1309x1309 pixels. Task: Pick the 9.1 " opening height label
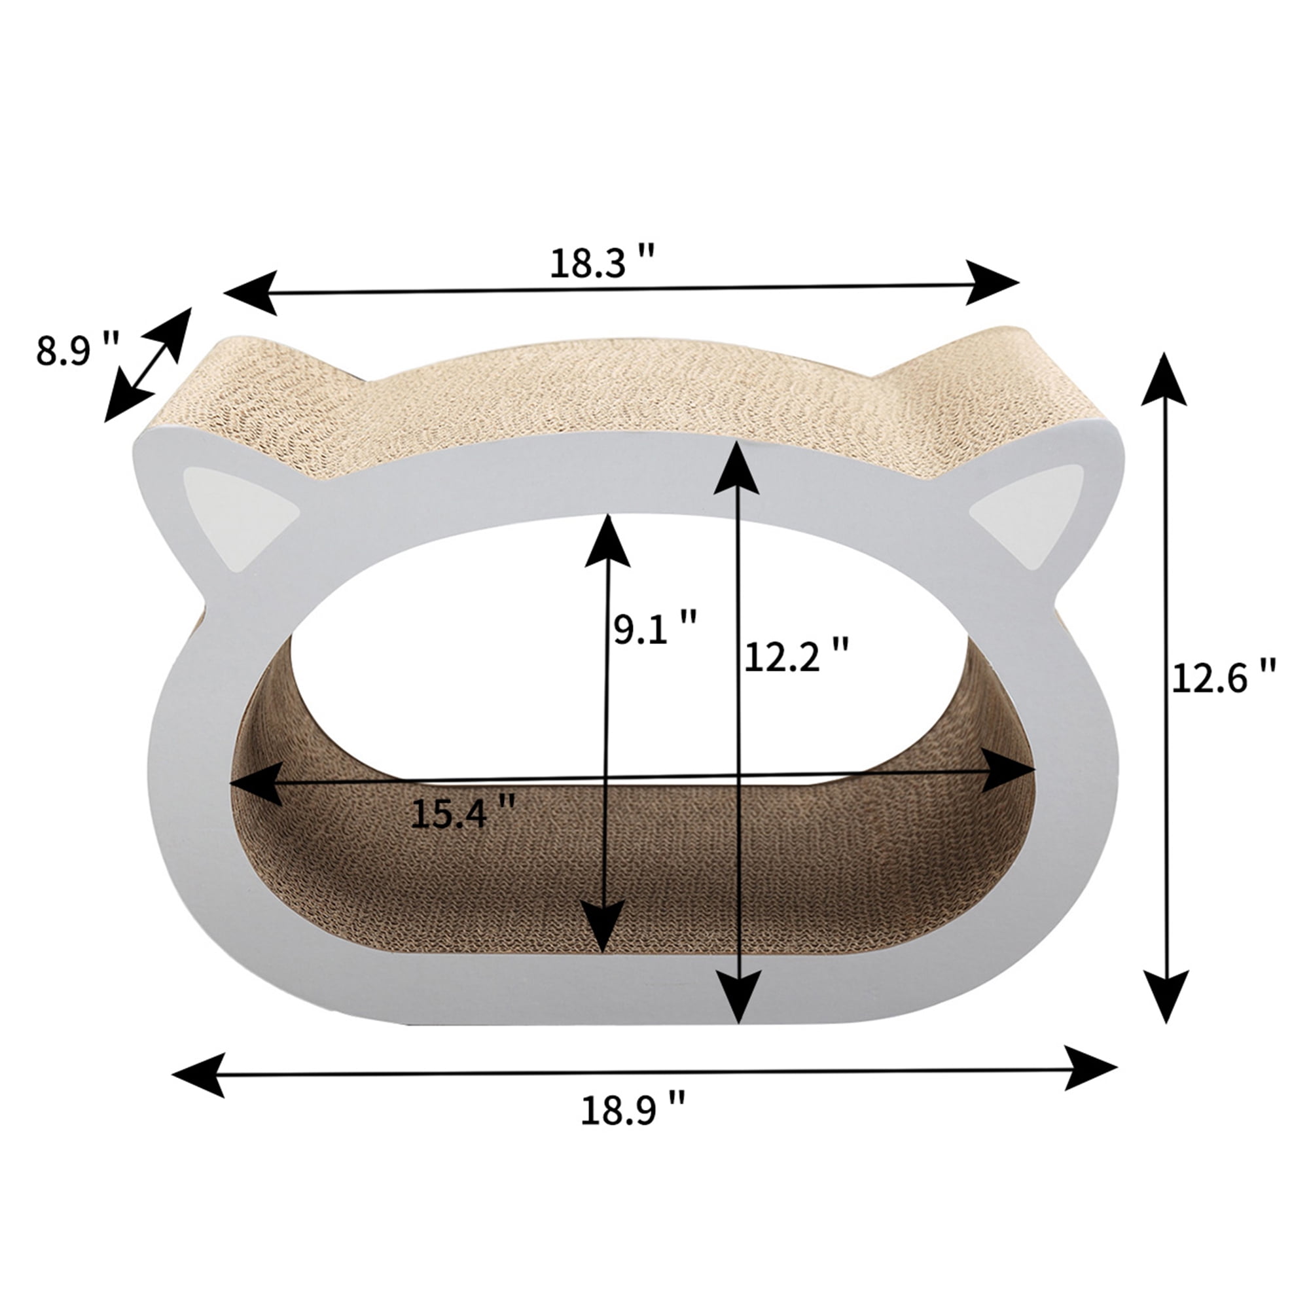click(x=655, y=627)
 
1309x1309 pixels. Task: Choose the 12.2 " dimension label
click(x=796, y=655)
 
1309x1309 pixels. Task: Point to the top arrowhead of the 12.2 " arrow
click(x=736, y=467)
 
